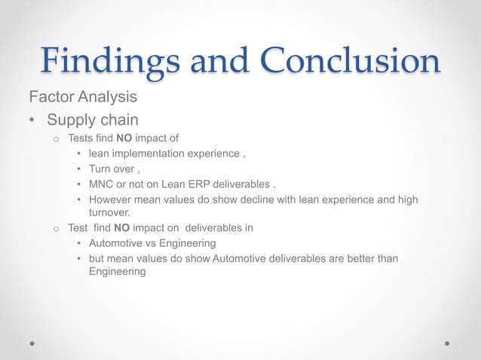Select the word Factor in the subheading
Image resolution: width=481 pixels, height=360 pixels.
[x=49, y=97]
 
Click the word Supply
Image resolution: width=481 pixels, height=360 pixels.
[x=68, y=120]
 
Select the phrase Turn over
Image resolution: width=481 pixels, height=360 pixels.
[x=113, y=169]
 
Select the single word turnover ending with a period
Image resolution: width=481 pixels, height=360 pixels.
[x=110, y=212]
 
